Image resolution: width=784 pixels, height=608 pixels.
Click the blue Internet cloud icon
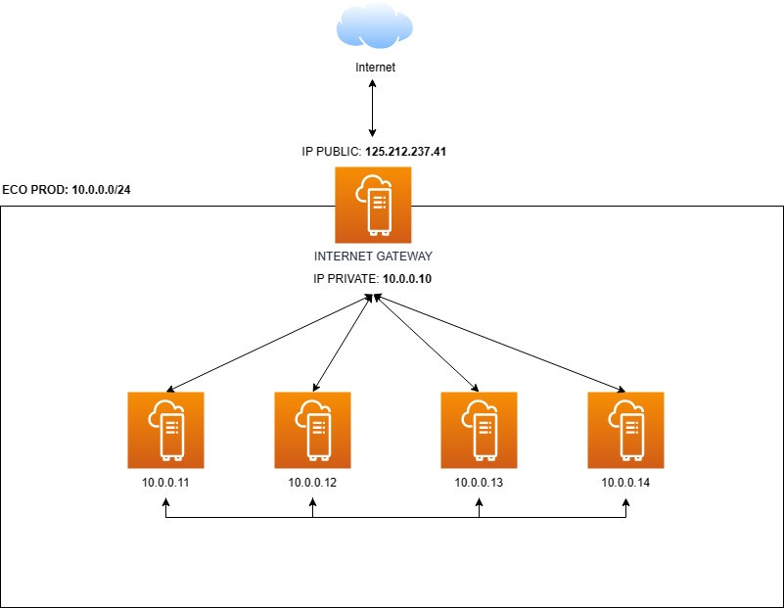coord(372,26)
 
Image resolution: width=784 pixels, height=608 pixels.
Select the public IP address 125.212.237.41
coord(406,153)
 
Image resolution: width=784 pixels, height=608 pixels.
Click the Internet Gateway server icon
coord(372,205)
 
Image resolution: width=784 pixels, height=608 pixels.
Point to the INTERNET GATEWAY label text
coord(373,257)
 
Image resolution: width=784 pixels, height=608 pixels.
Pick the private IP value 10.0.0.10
coord(407,279)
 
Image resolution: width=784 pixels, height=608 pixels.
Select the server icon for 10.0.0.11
coord(166,430)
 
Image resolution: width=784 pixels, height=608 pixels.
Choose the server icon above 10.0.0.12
coord(313,430)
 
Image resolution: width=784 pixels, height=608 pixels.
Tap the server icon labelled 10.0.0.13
coord(479,430)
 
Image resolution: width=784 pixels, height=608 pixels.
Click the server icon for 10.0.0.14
coord(625,430)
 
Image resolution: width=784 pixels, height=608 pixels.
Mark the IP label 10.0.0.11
coord(166,483)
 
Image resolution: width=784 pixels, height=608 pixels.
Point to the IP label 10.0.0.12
coord(313,483)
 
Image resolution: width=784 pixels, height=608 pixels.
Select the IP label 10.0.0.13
coord(479,483)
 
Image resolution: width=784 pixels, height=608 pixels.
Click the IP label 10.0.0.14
coord(625,483)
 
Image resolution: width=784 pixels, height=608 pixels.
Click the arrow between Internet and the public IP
coord(372,109)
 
